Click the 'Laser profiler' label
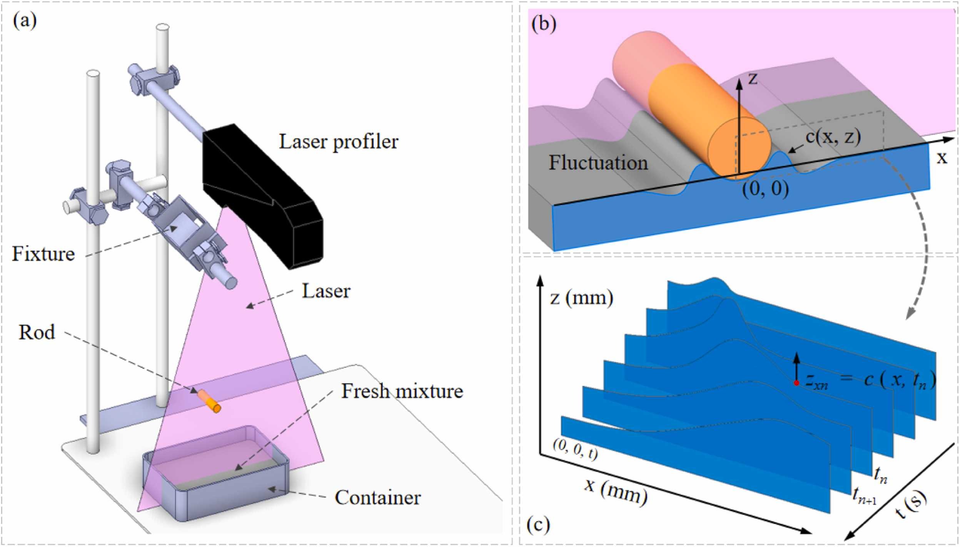(339, 142)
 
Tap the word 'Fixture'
(43, 254)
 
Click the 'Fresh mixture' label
(402, 391)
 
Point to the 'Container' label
(377, 497)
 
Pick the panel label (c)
(538, 526)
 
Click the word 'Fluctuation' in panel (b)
(598, 163)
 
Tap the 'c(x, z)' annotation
(833, 137)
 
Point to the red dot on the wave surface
(796, 394)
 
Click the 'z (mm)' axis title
(581, 298)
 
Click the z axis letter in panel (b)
(753, 78)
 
